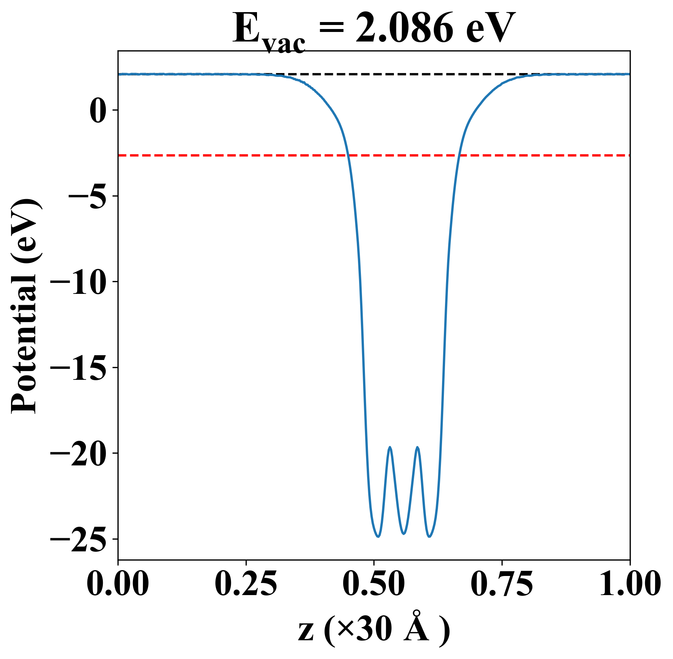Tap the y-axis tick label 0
click(x=98, y=110)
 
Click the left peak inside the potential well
click(x=390, y=447)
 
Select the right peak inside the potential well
click(x=417, y=447)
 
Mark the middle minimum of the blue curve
click(x=404, y=533)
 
